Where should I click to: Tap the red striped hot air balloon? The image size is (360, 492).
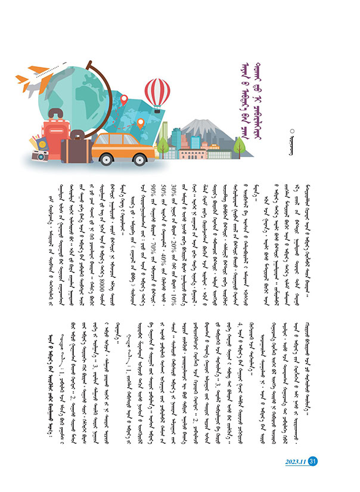pos(157,95)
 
